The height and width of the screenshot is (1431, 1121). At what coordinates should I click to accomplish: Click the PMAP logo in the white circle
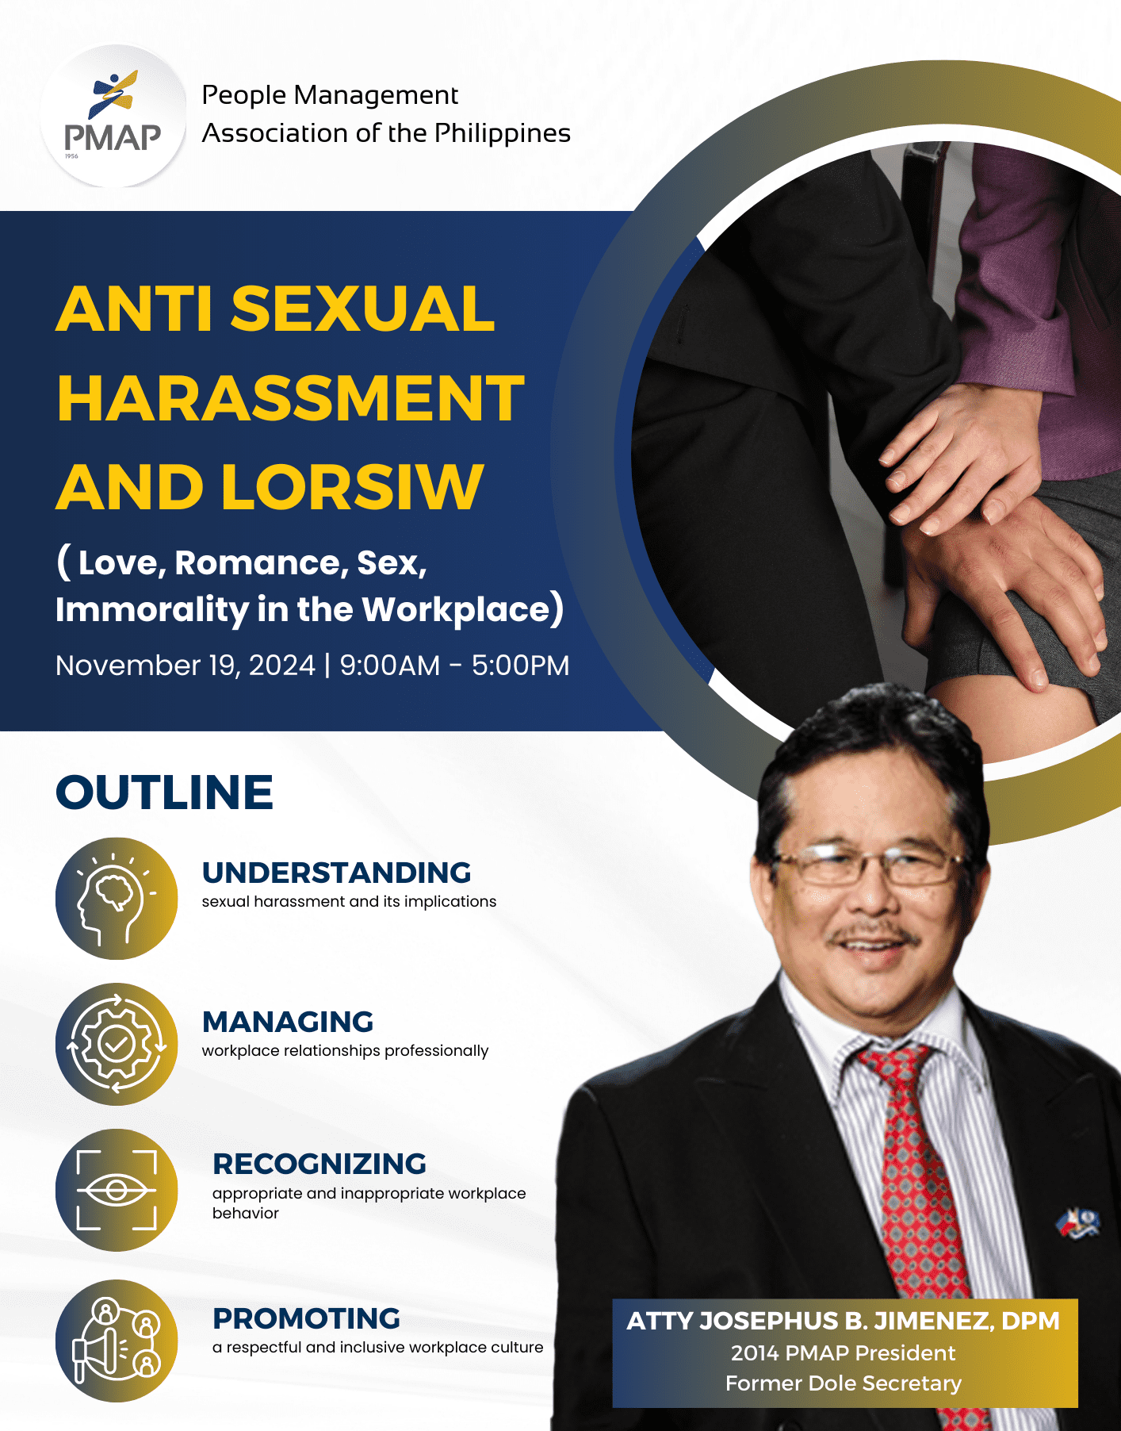click(113, 116)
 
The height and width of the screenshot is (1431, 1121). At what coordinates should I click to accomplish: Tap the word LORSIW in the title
click(352, 487)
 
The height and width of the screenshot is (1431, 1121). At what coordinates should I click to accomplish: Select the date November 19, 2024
click(186, 666)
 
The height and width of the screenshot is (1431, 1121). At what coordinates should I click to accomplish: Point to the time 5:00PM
click(520, 666)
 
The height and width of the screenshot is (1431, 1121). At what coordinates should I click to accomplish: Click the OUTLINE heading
click(165, 792)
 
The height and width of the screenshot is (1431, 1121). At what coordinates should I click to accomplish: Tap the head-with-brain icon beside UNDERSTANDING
click(117, 899)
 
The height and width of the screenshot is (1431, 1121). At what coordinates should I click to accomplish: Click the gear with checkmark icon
click(117, 1044)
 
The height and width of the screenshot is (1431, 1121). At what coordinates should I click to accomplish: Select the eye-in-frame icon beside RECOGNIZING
click(117, 1190)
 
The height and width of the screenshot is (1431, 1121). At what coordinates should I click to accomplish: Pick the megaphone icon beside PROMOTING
click(117, 1341)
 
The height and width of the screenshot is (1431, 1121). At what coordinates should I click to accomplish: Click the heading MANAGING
click(288, 1022)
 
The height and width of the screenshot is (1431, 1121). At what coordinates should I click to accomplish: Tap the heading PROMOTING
click(306, 1318)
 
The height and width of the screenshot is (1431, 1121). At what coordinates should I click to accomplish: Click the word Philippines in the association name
click(503, 133)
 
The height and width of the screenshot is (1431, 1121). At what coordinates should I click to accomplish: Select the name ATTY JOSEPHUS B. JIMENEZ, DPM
click(844, 1321)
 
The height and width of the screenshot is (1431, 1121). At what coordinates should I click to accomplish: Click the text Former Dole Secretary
click(844, 1383)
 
